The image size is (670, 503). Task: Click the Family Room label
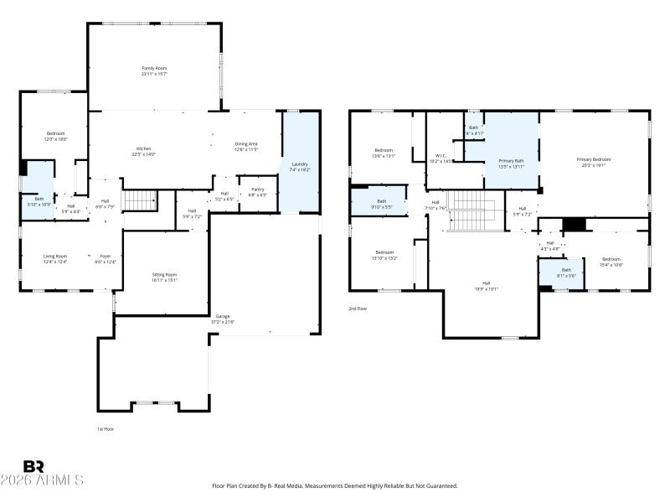coord(154,70)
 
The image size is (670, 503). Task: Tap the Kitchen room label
coord(143,152)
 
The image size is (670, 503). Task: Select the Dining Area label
coord(246,147)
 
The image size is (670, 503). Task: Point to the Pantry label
coord(257,191)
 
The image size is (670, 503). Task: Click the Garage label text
coord(222,319)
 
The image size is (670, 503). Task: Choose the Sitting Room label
coord(164,277)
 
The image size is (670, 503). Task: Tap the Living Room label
coord(55,259)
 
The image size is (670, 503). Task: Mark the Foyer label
coord(106,259)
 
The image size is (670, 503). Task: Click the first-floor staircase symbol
coord(140,200)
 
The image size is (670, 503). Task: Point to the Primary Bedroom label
coord(593,161)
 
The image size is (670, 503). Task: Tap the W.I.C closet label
coord(441,158)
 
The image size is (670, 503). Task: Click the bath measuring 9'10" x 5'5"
coord(381,203)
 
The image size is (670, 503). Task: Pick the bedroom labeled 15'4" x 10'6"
coord(611,262)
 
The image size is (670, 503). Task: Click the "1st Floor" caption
coord(105,428)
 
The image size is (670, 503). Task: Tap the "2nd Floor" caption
coord(358,309)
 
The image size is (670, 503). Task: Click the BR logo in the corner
coord(33,466)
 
